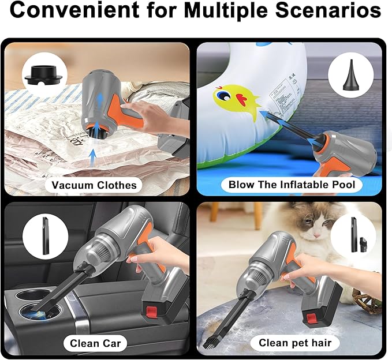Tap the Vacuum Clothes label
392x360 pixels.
click(x=94, y=185)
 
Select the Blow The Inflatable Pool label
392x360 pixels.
click(x=292, y=185)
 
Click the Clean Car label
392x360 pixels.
click(x=95, y=343)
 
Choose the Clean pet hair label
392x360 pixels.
click(x=295, y=343)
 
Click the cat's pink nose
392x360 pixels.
click(x=317, y=235)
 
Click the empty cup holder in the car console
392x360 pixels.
click(x=28, y=294)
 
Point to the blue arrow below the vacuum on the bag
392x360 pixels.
click(x=93, y=156)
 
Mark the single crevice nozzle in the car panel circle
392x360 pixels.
click(x=46, y=236)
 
